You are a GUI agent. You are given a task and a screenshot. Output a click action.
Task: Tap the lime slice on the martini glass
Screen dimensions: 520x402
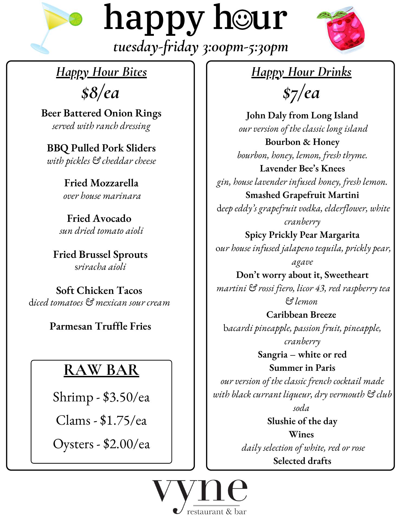pyautogui.click(x=75, y=19)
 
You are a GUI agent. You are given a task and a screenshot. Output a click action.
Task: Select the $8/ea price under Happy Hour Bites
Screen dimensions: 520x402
pyautogui.click(x=100, y=93)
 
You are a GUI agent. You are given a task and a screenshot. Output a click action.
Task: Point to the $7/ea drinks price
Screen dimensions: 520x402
pyautogui.click(x=301, y=93)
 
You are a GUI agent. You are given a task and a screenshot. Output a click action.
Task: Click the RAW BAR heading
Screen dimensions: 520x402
pyautogui.click(x=101, y=370)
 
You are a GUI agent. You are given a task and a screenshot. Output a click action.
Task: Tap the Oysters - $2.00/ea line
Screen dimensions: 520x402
pyautogui.click(x=101, y=444)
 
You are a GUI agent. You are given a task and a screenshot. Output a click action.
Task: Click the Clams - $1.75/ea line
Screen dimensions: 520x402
pyautogui.click(x=101, y=421)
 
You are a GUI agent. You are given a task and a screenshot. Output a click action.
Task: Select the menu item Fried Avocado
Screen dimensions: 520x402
pyautogui.click(x=99, y=218)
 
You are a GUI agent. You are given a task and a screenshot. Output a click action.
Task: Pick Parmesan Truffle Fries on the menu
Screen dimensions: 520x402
pyautogui.click(x=100, y=326)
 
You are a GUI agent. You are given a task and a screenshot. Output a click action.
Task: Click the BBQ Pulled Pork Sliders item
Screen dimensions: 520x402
pyautogui.click(x=101, y=148)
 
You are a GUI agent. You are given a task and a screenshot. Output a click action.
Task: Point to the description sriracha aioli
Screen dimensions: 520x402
pyautogui.click(x=100, y=267)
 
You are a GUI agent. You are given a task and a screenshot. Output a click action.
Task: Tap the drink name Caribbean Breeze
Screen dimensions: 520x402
pyautogui.click(x=301, y=314)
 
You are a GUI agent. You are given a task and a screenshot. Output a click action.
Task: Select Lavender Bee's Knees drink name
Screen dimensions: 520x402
pyautogui.click(x=302, y=168)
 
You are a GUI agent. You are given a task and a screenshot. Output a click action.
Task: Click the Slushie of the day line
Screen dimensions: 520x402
pyautogui.click(x=302, y=421)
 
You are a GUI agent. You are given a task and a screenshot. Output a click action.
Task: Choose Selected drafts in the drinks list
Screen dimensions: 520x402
pyautogui.click(x=302, y=461)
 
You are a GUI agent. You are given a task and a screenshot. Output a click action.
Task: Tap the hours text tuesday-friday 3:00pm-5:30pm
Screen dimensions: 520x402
pyautogui.click(x=200, y=47)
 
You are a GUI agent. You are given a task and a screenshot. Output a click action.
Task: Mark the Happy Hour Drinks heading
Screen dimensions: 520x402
pyautogui.click(x=301, y=72)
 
